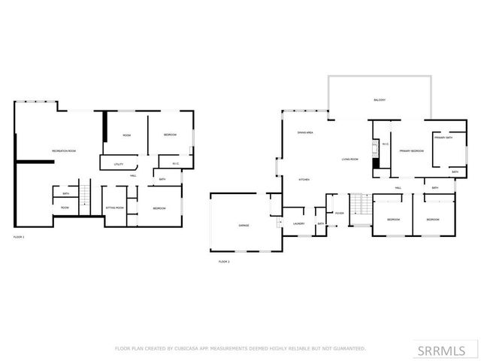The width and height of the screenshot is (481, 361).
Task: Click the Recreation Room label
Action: (64, 151)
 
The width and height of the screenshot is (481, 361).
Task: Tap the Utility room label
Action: (118, 164)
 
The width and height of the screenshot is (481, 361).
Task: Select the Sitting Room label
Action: (115, 208)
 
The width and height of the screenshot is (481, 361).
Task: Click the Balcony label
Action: (380, 100)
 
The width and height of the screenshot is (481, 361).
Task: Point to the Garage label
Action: (244, 225)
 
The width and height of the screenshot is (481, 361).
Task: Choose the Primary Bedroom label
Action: (411, 151)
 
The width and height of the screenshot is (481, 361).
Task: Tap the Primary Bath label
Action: (443, 138)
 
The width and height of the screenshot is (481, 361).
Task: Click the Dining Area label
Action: (305, 132)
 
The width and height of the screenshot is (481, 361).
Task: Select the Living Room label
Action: (349, 159)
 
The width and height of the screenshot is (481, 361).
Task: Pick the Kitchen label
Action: (304, 180)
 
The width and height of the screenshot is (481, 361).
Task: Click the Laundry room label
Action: (298, 223)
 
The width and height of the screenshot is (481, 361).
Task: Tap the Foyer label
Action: (339, 213)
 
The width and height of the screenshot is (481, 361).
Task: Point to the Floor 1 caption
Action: (19, 237)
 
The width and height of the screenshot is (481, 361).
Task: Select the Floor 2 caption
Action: (223, 261)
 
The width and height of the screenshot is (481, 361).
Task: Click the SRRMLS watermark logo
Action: (446, 350)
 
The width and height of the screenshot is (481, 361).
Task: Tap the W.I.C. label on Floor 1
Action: (175, 164)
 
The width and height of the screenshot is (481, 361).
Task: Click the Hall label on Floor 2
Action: (398, 187)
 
